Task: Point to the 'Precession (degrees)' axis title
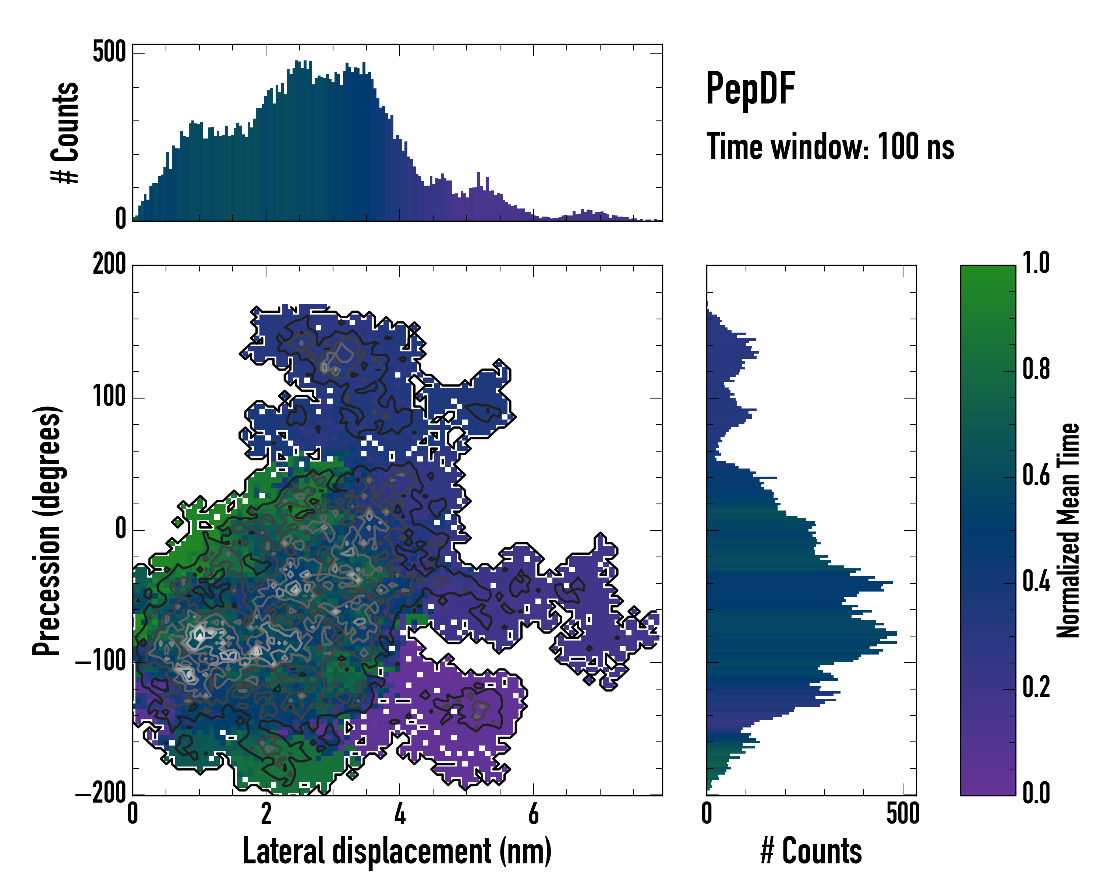[47, 531]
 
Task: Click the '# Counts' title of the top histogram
[65, 133]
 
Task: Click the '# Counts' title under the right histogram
[811, 851]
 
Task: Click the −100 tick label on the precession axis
[101, 662]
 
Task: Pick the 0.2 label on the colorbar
[1036, 687]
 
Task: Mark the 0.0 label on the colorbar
[1036, 794]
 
